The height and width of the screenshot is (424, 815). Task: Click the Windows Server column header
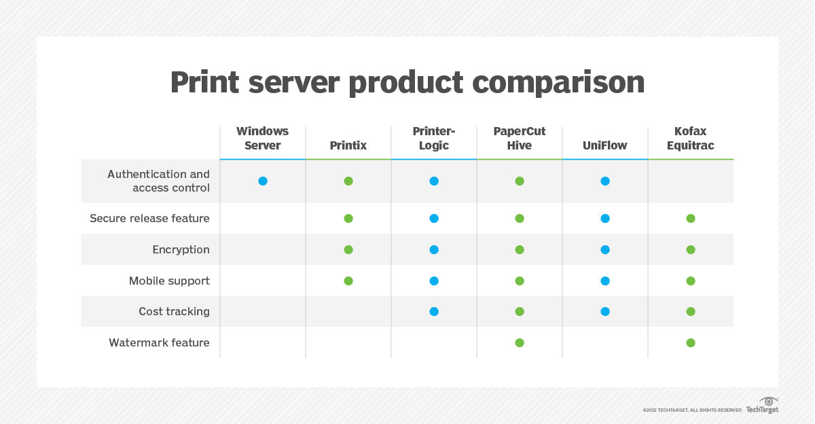[x=262, y=138]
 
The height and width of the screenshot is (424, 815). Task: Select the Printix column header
[x=348, y=145]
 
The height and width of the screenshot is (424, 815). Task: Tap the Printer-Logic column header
[x=433, y=138]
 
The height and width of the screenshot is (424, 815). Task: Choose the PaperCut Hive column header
[x=520, y=138]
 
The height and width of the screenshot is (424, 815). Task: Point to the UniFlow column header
[x=604, y=145]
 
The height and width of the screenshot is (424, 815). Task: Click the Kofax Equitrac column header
[x=690, y=138]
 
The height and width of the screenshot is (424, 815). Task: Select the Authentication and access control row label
[x=158, y=181]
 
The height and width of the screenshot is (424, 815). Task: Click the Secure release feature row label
[x=149, y=218]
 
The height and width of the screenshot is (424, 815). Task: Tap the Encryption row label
[x=181, y=249]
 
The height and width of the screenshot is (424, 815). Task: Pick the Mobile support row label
[x=169, y=281]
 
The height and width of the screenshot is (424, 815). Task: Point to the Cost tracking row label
[x=174, y=311]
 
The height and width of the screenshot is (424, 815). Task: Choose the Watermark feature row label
[x=159, y=342]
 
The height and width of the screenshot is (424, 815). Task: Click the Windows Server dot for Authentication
[x=263, y=181]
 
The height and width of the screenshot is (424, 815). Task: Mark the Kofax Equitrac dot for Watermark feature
[x=691, y=342]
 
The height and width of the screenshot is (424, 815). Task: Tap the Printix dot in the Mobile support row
[x=348, y=281]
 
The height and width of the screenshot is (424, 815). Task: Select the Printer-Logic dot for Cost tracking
[x=434, y=311]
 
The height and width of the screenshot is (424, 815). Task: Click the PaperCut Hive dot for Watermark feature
[x=520, y=342]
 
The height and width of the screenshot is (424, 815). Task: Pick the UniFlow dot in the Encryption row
[x=605, y=249]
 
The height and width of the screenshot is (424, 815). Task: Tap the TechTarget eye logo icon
[x=769, y=401]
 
